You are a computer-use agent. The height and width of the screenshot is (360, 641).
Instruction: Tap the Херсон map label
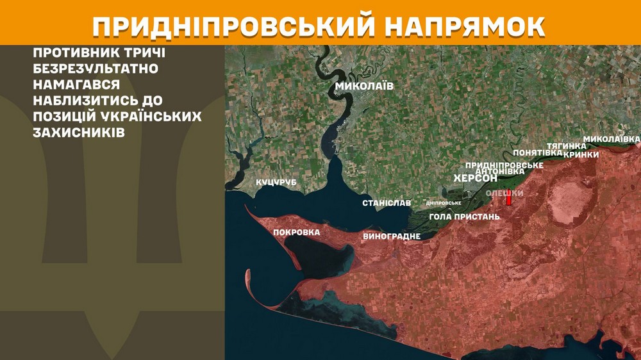[475, 177]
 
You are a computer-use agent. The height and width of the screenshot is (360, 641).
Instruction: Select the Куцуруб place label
[276, 183]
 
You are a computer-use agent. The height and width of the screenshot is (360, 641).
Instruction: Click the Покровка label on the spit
[296, 233]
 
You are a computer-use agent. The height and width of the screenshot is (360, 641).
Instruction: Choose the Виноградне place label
[391, 236]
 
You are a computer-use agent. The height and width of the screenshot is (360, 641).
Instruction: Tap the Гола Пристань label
[464, 217]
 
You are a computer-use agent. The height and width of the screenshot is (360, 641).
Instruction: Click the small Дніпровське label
[444, 203]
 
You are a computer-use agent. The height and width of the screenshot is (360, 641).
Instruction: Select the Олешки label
[504, 193]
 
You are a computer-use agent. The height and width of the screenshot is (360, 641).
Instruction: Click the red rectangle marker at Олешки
[509, 199]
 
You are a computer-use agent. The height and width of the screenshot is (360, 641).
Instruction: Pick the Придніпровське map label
[504, 165]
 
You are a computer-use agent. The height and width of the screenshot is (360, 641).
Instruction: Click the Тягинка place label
[566, 146]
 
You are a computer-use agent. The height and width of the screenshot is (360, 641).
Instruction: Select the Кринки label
[581, 154]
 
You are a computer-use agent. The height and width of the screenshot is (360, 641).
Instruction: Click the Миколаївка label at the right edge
[612, 139]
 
